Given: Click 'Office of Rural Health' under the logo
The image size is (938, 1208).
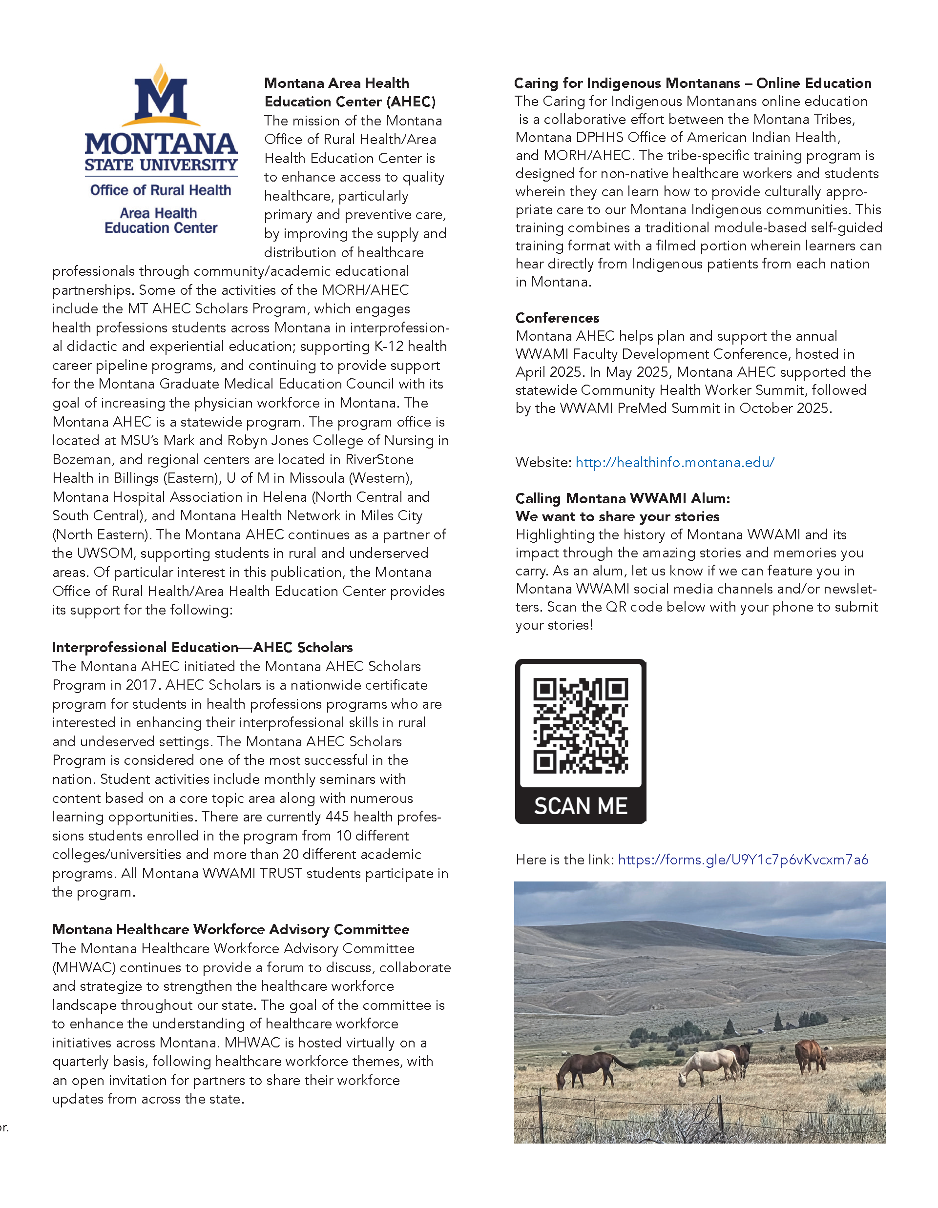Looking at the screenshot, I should (x=161, y=190).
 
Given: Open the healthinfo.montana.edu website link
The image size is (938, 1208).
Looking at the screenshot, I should (x=675, y=462).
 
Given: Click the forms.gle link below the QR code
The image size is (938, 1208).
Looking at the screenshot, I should (x=743, y=860).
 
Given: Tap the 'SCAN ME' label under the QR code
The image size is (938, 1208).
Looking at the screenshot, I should (x=581, y=806).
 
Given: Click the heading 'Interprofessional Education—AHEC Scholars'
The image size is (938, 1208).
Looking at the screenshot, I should (x=202, y=647).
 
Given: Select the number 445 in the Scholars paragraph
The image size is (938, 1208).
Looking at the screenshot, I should (x=337, y=817).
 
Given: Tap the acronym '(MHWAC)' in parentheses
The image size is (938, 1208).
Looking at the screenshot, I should (x=83, y=967).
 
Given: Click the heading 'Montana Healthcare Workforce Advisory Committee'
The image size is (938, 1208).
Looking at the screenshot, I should (x=231, y=929).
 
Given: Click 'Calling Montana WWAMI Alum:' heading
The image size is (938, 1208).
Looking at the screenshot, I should (x=622, y=498).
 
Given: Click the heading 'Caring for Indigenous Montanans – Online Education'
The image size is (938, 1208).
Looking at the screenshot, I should (x=692, y=83).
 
